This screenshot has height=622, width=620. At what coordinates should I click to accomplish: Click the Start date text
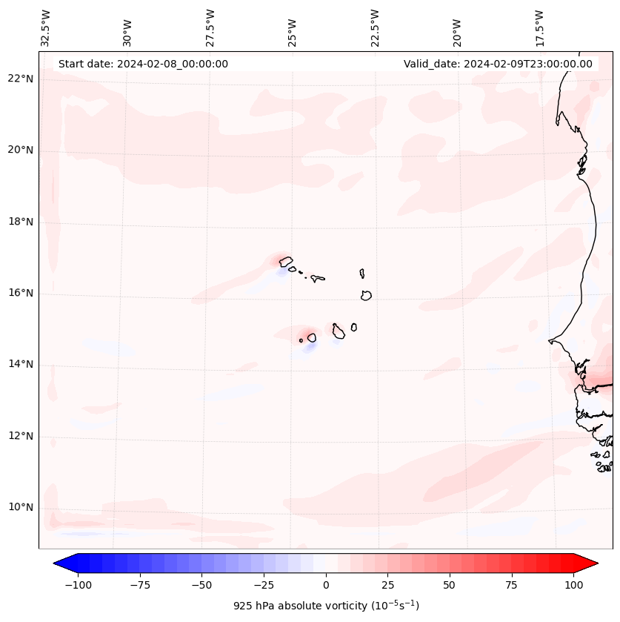point(143,64)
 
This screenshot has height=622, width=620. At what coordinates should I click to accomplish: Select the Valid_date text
point(498,64)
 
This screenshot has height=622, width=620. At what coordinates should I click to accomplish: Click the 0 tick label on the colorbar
point(326,586)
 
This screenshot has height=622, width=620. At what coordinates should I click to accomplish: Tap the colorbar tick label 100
point(574,586)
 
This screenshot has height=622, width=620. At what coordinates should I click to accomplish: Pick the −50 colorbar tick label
point(201,586)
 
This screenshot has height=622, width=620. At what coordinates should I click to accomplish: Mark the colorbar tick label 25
point(388,586)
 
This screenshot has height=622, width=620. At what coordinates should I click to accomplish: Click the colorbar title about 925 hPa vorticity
point(326,606)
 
